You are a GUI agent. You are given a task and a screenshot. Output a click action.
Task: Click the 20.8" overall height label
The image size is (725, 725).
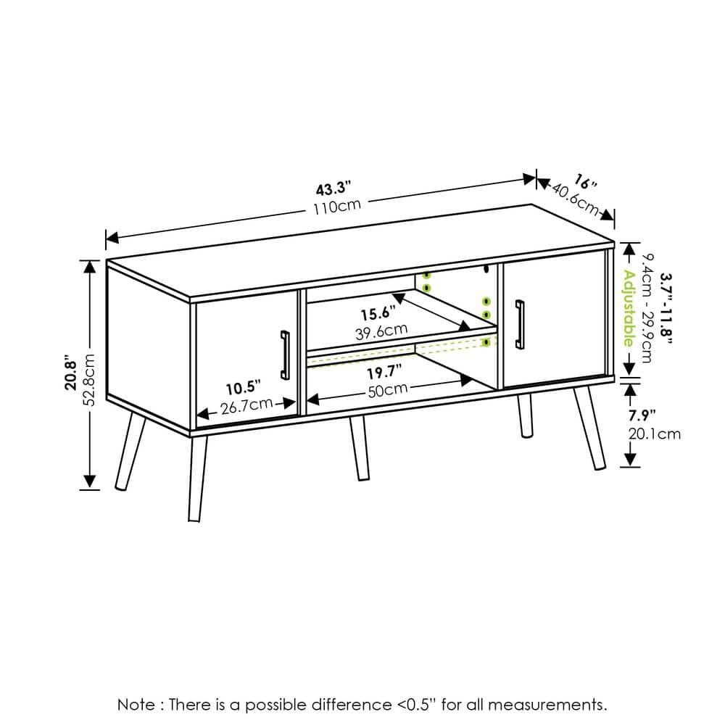(70, 373)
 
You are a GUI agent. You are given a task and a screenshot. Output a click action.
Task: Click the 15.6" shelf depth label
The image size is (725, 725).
(378, 314)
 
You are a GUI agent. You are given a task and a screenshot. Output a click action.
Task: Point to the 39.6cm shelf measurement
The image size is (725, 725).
(382, 332)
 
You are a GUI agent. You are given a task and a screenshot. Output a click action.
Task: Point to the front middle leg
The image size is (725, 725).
(359, 448)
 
